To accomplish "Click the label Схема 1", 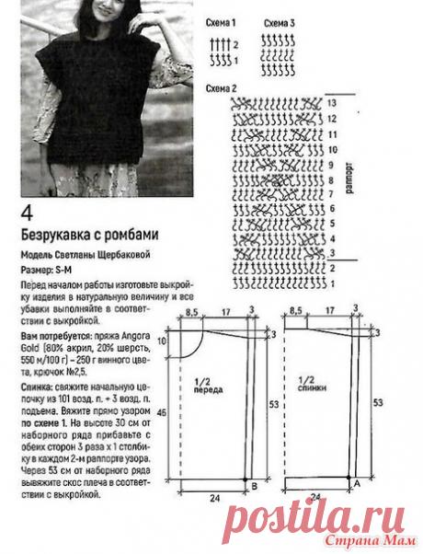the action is [x=221, y=20].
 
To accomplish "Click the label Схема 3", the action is [x=279, y=20].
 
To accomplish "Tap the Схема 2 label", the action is [x=221, y=87].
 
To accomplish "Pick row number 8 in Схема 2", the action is [x=331, y=179].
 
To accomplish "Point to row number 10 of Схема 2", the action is [x=331, y=148].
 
